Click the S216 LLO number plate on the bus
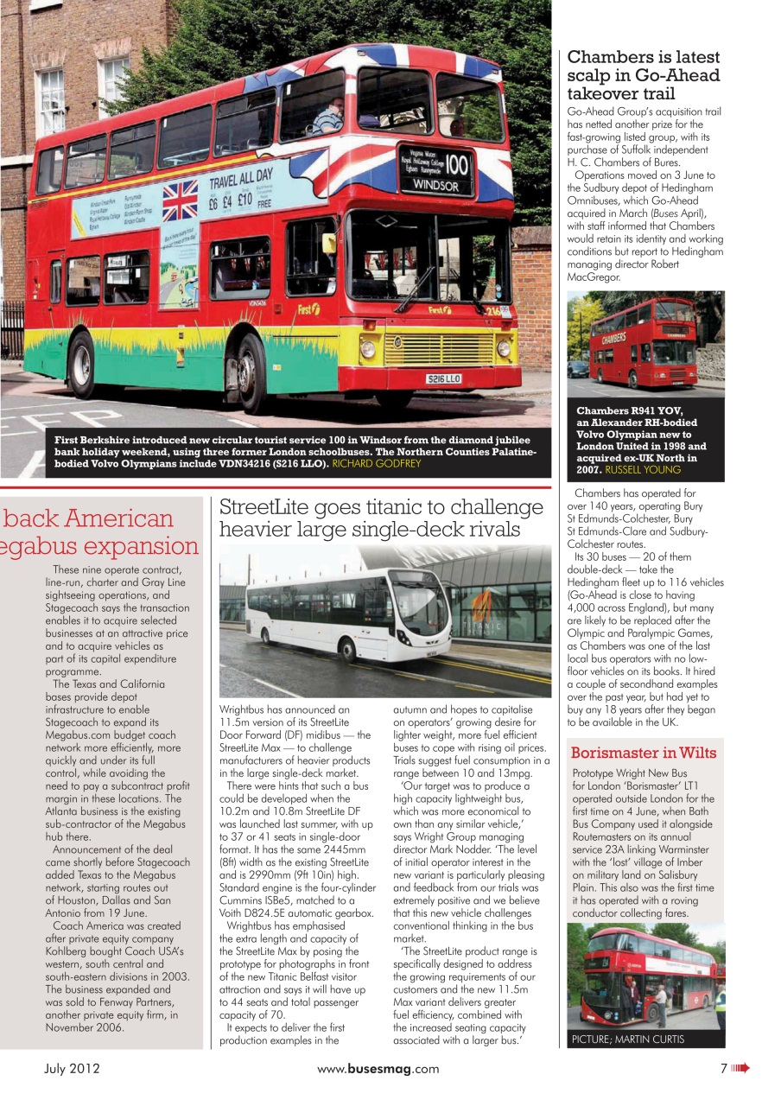444,378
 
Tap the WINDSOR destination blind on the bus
441,185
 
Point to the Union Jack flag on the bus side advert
180,200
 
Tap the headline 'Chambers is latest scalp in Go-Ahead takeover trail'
644,75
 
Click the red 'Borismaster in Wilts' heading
643,753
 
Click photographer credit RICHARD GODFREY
377,464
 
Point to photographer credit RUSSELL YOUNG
643,470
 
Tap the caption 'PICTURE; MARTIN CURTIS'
628,1039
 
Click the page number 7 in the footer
724,1069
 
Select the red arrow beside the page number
740,1069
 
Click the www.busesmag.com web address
378,1069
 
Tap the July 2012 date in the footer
73,1069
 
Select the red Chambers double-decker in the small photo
643,344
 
